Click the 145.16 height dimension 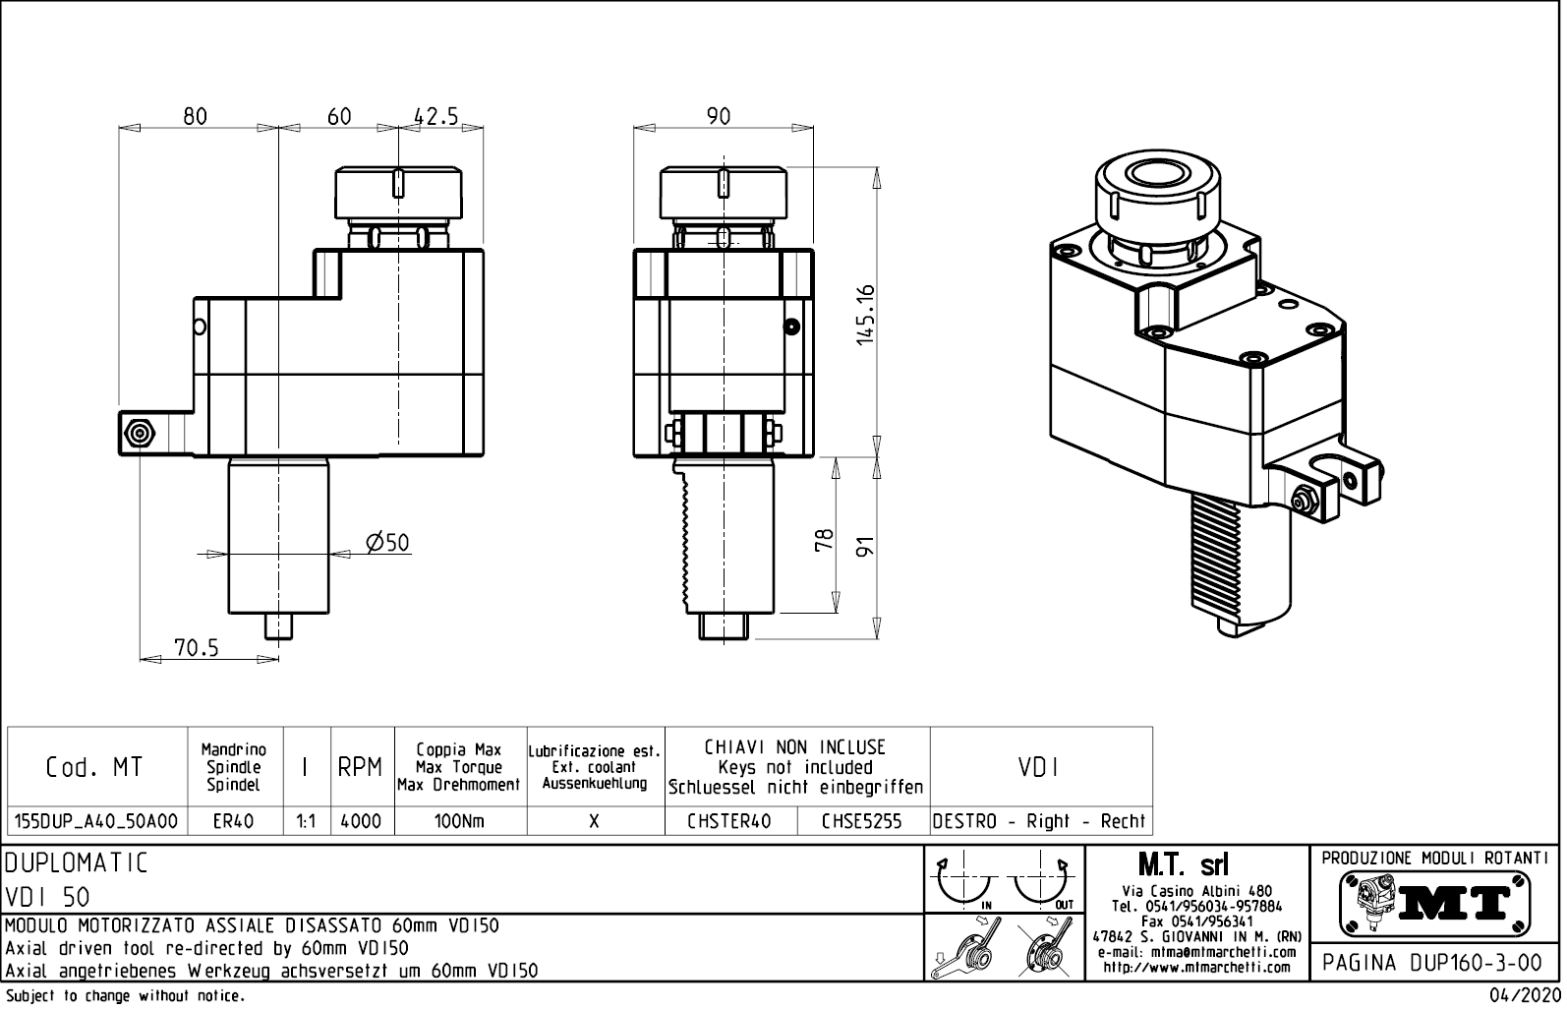click(x=865, y=315)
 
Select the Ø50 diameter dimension click(x=386, y=543)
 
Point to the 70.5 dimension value click(x=197, y=647)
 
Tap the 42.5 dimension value click(x=435, y=116)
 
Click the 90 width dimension click(x=719, y=116)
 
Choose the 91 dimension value click(x=865, y=547)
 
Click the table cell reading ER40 click(x=233, y=821)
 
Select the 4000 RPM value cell click(x=361, y=821)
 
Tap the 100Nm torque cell click(x=459, y=821)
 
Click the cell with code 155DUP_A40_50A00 click(x=96, y=821)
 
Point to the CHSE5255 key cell click(x=861, y=821)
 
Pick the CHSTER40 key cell click(x=729, y=821)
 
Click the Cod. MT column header click(x=94, y=767)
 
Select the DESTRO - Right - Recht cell click(x=1039, y=821)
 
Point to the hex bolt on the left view click(x=138, y=433)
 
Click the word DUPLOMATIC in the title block click(x=77, y=863)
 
